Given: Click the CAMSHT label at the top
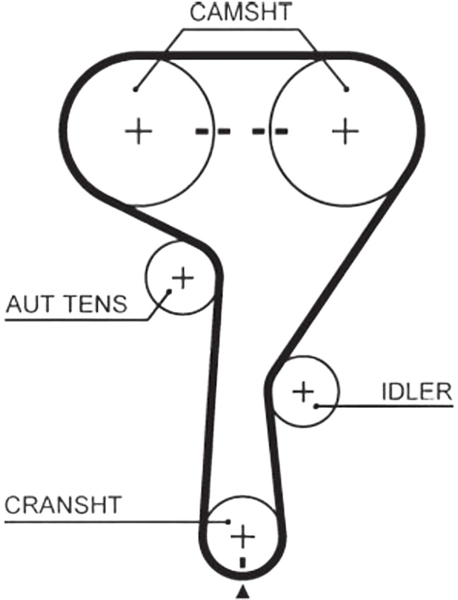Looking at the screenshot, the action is (x=240, y=12).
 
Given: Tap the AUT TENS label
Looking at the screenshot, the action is (x=67, y=304).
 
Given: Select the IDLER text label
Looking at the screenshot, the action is (x=417, y=392).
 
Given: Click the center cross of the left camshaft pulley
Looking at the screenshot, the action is (x=139, y=131).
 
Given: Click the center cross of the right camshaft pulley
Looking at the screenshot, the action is (x=345, y=131).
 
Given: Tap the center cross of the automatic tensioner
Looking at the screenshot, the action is (x=182, y=278).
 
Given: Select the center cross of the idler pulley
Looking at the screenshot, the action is (x=303, y=392).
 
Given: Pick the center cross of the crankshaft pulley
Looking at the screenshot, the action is (x=243, y=536).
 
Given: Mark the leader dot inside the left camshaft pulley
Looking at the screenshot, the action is (x=135, y=89).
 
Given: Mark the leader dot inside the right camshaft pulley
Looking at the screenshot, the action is (x=347, y=89).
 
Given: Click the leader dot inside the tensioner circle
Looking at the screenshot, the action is (x=170, y=292).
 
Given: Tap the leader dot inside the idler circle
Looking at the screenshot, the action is (x=316, y=406).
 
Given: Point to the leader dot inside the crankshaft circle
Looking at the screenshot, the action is (x=228, y=522).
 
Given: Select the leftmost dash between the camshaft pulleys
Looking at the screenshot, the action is (x=201, y=131).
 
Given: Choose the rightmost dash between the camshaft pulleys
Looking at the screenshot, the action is (x=281, y=131).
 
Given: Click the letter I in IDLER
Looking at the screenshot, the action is (x=384, y=392).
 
